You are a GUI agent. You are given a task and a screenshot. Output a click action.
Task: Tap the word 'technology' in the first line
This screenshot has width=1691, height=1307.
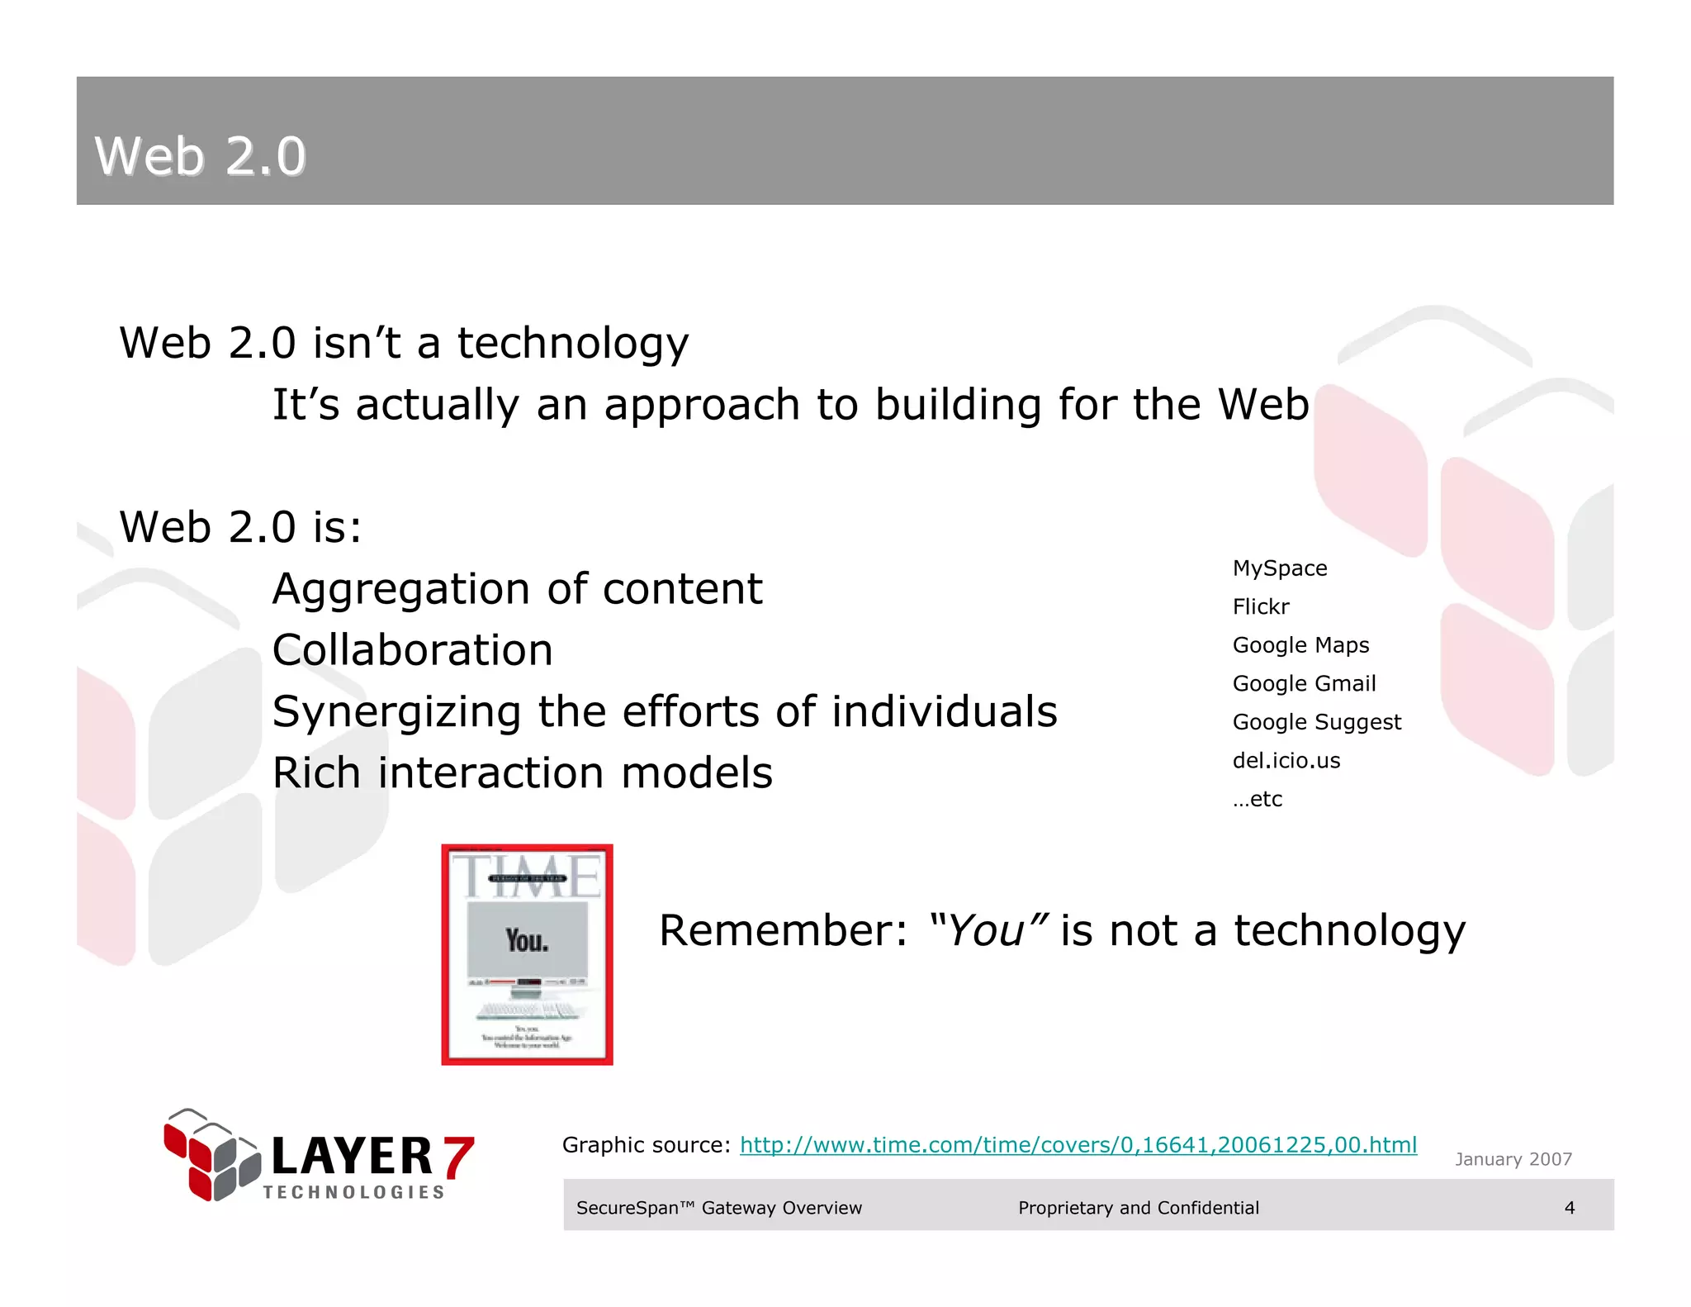(x=572, y=344)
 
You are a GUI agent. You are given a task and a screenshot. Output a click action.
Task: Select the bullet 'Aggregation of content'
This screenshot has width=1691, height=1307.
(x=517, y=589)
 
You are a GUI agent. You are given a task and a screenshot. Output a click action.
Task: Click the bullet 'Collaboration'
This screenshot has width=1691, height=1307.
(x=412, y=650)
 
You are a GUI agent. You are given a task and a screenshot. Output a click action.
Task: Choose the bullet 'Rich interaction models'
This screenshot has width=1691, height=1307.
(x=522, y=773)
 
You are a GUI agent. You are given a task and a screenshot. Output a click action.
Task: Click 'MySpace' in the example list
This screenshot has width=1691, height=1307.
(x=1279, y=568)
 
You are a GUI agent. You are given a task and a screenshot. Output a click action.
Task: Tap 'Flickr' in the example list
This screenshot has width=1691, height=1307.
(x=1260, y=606)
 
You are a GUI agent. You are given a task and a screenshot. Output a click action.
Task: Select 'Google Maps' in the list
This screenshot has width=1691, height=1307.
(x=1300, y=645)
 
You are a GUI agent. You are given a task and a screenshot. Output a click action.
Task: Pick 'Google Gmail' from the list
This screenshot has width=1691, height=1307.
(x=1304, y=683)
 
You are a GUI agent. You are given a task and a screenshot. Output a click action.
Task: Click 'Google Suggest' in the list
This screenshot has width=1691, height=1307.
(x=1316, y=722)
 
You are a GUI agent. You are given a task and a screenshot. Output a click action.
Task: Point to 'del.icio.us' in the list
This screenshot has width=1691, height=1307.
(x=1286, y=760)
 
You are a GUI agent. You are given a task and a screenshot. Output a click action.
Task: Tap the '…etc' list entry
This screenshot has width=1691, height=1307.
(x=1257, y=799)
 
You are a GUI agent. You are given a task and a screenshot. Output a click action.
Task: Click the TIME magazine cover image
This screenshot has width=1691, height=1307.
(x=527, y=954)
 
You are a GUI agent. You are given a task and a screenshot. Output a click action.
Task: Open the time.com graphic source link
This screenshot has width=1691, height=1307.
(x=1078, y=1144)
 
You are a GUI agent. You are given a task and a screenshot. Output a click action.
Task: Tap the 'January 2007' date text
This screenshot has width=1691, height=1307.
(x=1513, y=1159)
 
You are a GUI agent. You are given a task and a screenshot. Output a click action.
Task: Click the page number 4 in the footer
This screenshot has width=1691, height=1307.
(x=1569, y=1207)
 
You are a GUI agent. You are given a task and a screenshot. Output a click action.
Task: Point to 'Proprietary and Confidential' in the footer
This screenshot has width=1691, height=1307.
(x=1138, y=1207)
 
